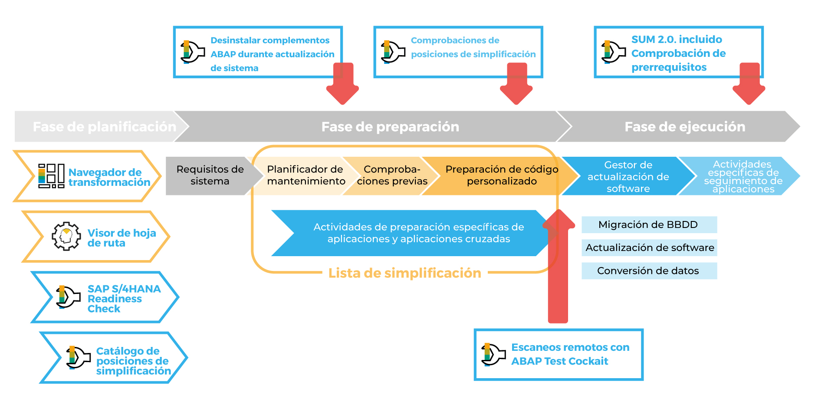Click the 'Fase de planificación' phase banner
[104, 126]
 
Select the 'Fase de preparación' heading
[390, 126]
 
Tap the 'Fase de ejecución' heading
[684, 126]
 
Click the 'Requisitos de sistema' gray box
[210, 175]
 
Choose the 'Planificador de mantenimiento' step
[306, 175]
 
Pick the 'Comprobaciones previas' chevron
[392, 175]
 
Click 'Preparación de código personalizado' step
[502, 175]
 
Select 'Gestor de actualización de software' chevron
[628, 177]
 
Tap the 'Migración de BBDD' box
[648, 224]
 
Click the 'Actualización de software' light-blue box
[649, 247]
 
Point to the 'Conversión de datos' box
[648, 271]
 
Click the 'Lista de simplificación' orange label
[404, 273]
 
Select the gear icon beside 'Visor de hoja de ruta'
[66, 236]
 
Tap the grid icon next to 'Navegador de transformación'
[51, 176]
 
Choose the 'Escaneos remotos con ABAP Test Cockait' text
[570, 354]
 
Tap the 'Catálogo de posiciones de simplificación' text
[133, 361]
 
